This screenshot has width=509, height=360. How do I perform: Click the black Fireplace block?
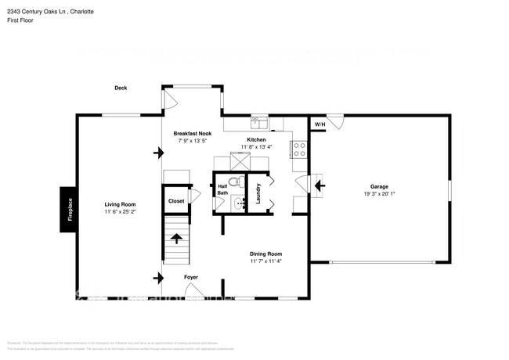point(68,209)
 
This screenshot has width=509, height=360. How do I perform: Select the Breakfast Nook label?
point(193,134)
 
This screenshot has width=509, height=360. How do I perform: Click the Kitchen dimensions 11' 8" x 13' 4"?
point(257,147)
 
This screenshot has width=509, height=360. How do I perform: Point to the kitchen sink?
point(258,123)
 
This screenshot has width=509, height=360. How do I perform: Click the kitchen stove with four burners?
point(298,149)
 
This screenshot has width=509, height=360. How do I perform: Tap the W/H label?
point(320,125)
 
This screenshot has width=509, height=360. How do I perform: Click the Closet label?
point(176,201)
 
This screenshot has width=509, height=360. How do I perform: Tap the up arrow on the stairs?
point(176,238)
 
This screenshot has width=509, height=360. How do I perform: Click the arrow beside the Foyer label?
point(161,277)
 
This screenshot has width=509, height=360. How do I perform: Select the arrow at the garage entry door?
point(319,185)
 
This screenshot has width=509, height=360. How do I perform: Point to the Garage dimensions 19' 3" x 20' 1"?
point(381,194)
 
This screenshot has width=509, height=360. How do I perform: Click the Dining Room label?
point(265,254)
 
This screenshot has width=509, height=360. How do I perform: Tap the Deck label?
point(121,88)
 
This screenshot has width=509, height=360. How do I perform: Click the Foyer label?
point(191,277)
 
